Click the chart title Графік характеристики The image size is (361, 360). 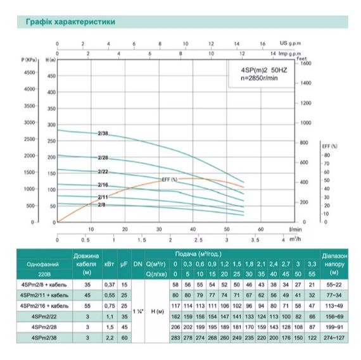[x=70, y=22]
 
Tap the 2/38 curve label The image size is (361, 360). [x=103, y=133]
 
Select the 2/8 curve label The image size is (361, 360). [x=101, y=204]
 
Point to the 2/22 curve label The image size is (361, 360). [x=103, y=171]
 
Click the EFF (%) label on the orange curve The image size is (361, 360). [x=169, y=179]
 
